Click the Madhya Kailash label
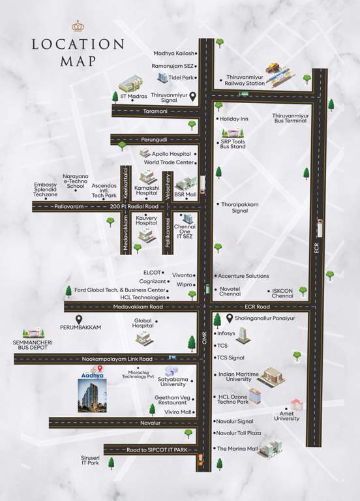pos(173,53)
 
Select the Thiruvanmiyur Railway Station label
pos(245,80)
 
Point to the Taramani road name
pos(155,112)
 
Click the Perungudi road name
pos(155,140)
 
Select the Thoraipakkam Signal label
pos(241,207)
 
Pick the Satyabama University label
pos(173,382)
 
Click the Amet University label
pos(286,415)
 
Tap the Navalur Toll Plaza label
pos(239,433)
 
